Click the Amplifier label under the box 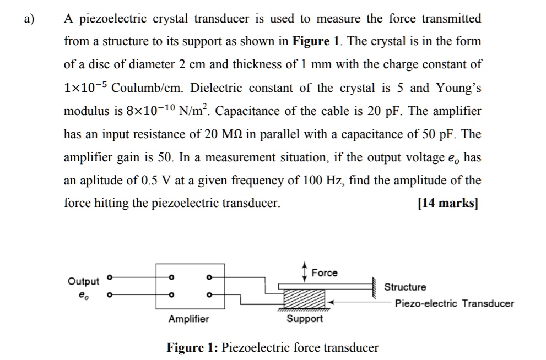[x=188, y=319]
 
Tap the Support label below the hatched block [x=305, y=319]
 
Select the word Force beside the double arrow [x=325, y=272]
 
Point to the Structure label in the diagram [x=405, y=287]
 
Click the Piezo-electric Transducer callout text [x=454, y=303]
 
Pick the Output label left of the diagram [x=83, y=281]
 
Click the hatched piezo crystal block [x=304, y=301]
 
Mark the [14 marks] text [x=448, y=203]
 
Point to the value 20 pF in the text [x=379, y=111]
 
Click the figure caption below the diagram [x=273, y=347]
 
